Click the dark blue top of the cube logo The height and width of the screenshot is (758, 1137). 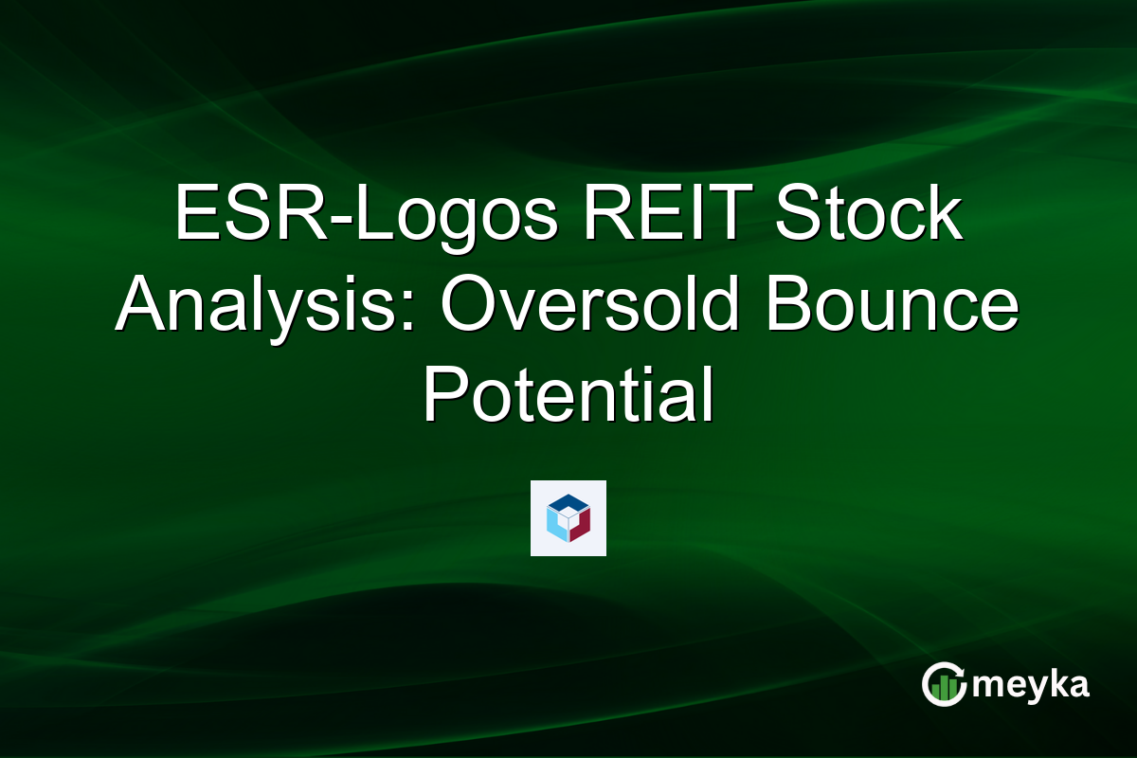[x=568, y=503]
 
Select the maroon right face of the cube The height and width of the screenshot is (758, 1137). [x=581, y=524]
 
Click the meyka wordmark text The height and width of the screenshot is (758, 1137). [x=1033, y=685]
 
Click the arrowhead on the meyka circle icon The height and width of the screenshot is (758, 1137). [x=958, y=670]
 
